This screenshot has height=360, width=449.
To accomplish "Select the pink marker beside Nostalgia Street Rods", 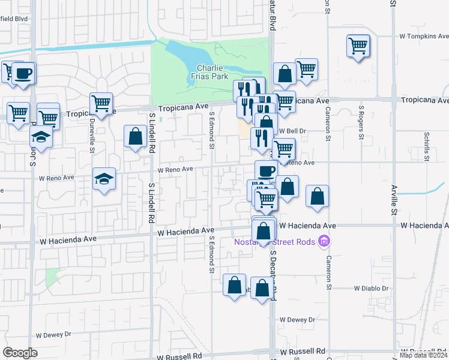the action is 324,242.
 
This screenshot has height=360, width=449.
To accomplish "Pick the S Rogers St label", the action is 361,123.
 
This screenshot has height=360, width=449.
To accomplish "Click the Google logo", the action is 20,353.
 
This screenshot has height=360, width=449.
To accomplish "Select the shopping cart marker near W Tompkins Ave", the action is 358,46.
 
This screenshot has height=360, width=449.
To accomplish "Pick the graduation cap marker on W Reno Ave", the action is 104,178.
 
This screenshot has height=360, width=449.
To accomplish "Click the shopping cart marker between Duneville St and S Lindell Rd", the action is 101,103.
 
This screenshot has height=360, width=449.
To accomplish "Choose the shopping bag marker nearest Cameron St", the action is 317,196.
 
